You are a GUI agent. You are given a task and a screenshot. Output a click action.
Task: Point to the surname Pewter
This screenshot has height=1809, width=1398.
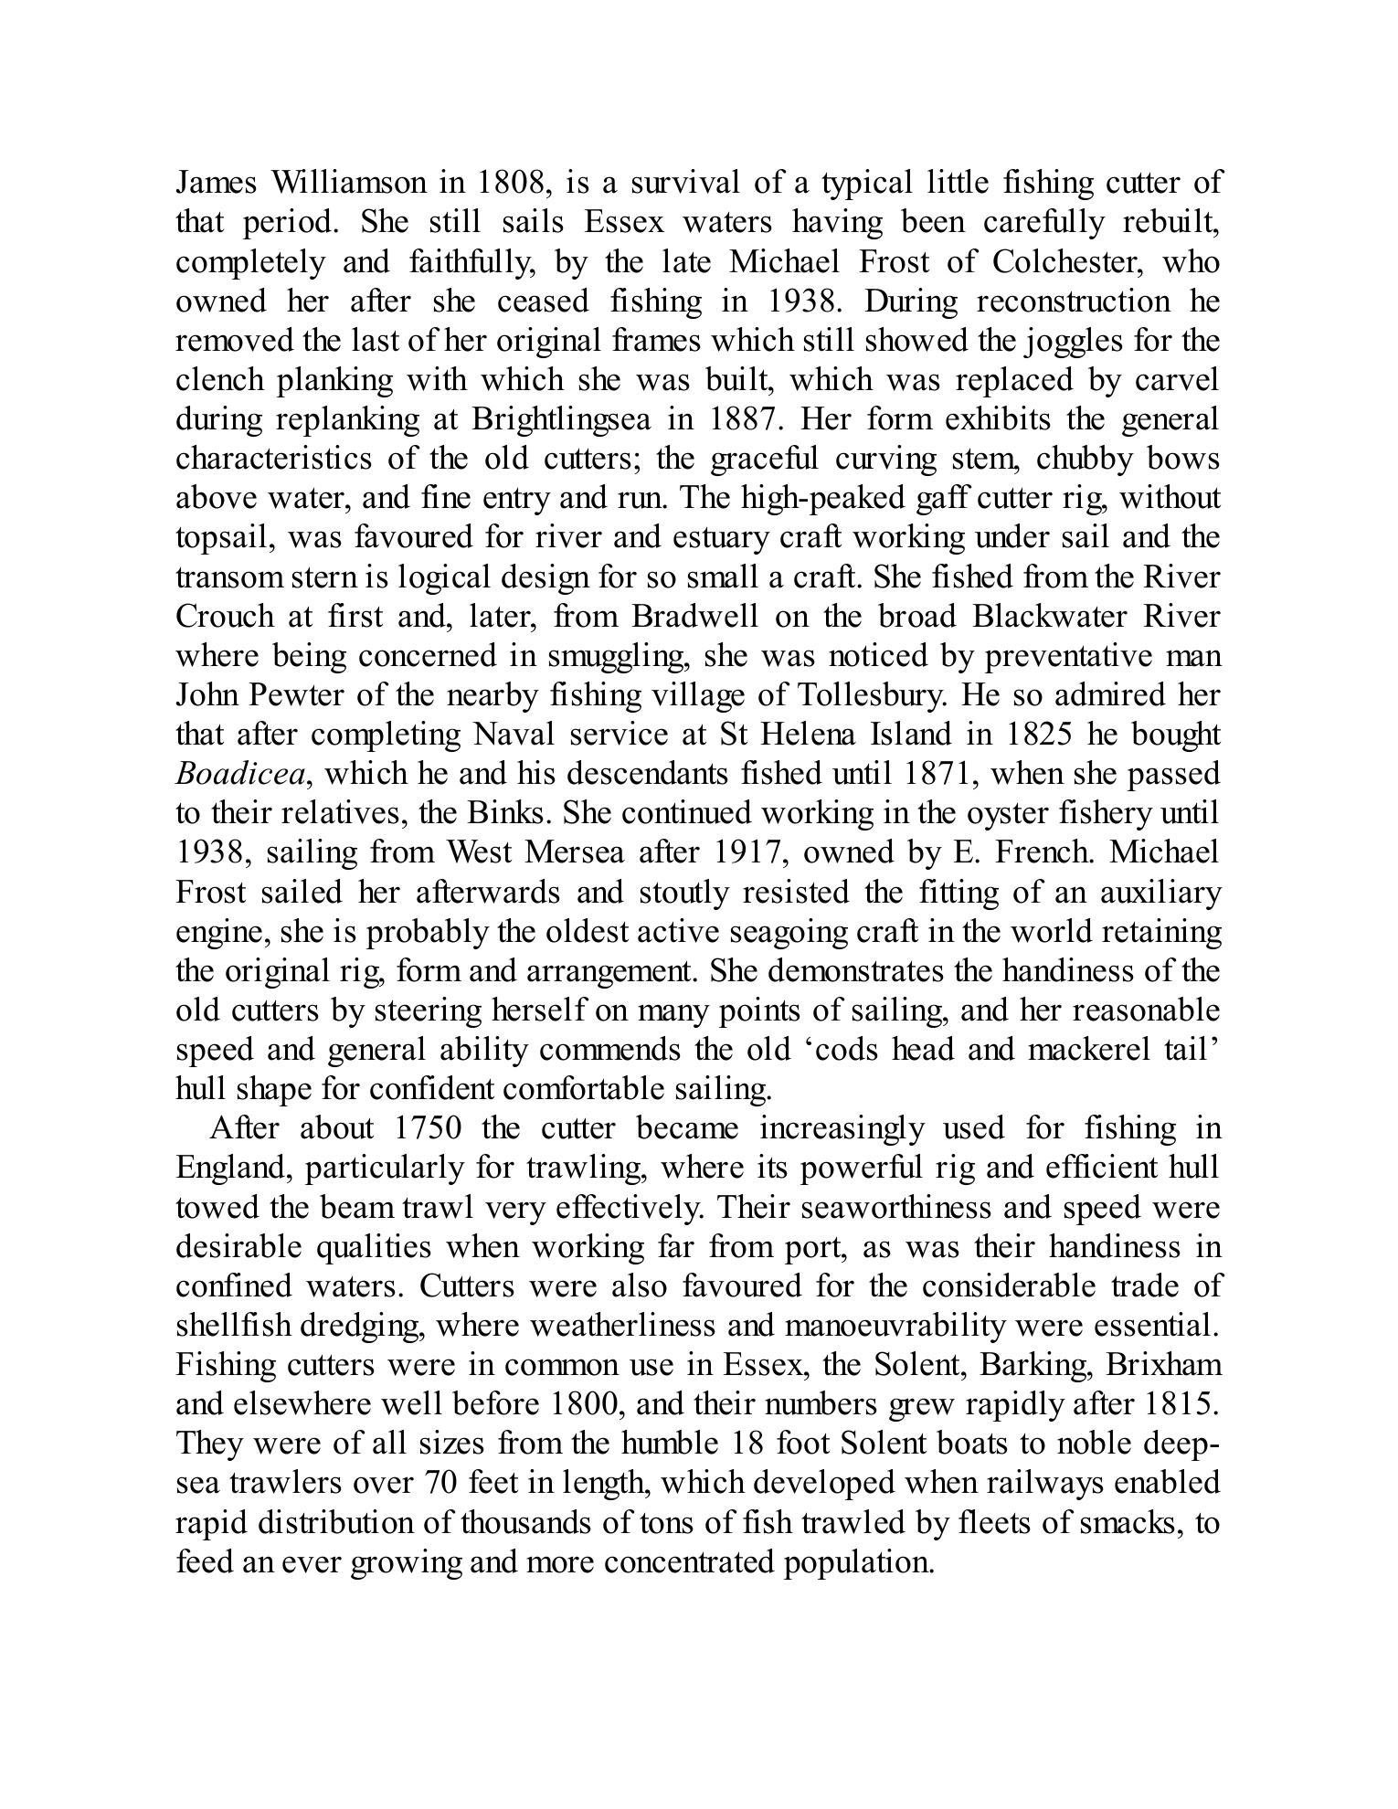[302, 695]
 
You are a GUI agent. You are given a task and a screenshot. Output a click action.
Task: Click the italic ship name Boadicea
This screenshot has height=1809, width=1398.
[240, 775]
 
